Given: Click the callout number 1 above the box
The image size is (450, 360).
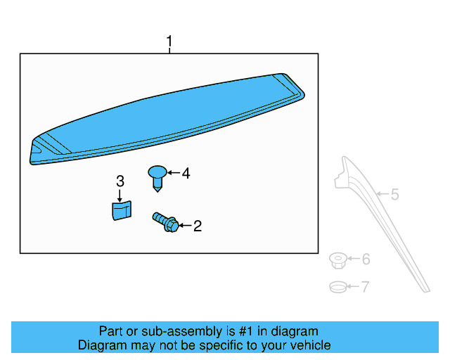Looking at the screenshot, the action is pyautogui.click(x=169, y=41).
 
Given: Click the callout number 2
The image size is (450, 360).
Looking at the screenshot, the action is pyautogui.click(x=198, y=226).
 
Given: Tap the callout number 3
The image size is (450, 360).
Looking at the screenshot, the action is pyautogui.click(x=120, y=181).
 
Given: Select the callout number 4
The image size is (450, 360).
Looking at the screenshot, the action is pyautogui.click(x=186, y=174).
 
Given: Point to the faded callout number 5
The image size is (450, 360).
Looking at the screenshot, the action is pyautogui.click(x=395, y=194).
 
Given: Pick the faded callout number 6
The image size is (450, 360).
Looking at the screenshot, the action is pyautogui.click(x=366, y=259).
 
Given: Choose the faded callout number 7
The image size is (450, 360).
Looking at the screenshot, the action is pyautogui.click(x=365, y=286).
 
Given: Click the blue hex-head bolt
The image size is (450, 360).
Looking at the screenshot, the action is pyautogui.click(x=165, y=222).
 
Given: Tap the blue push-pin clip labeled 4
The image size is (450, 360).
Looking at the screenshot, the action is pyautogui.click(x=157, y=179).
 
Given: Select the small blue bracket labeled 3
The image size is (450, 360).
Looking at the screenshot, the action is pyautogui.click(x=122, y=210).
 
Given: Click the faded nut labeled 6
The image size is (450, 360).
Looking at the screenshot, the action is pyautogui.click(x=338, y=260).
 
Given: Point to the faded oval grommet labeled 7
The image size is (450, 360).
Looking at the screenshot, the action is pyautogui.click(x=338, y=287).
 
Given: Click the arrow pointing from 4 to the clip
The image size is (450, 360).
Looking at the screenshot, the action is pyautogui.click(x=174, y=172).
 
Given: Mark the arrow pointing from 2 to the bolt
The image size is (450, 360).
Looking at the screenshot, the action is pyautogui.click(x=185, y=226).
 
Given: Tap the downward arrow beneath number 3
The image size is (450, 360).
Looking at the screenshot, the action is pyautogui.click(x=120, y=195).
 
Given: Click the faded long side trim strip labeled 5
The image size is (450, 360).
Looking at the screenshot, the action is pyautogui.click(x=382, y=221).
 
